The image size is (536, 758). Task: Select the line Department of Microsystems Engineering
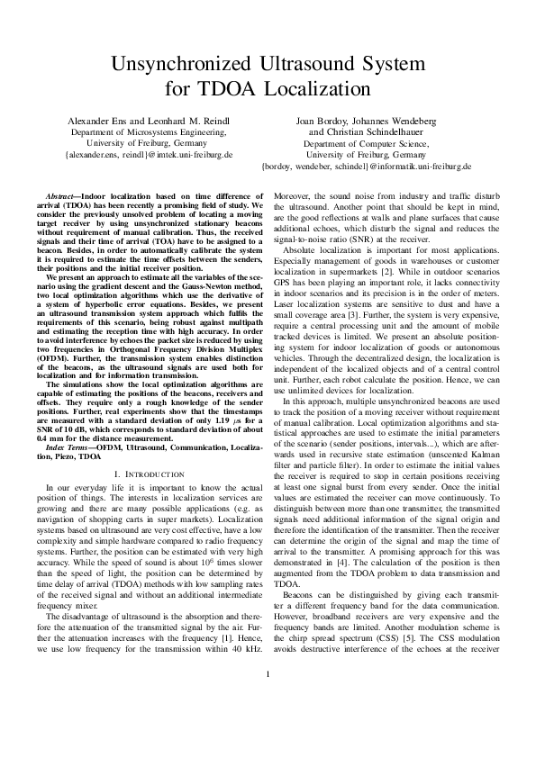pyautogui.click(x=149, y=131)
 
